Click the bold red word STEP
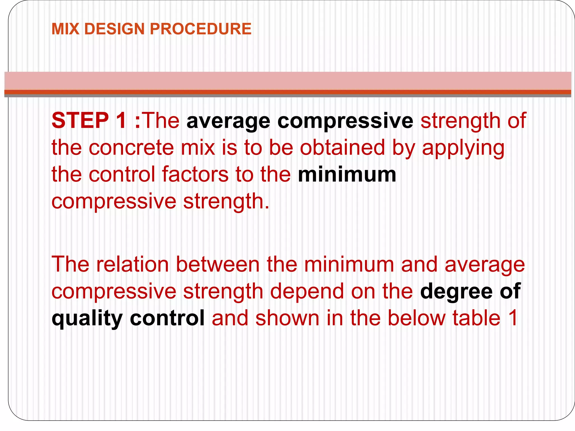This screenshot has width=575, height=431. tap(80, 120)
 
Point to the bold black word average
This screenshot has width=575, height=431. tap(228, 121)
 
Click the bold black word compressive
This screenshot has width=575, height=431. tap(345, 121)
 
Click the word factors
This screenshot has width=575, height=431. tap(195, 174)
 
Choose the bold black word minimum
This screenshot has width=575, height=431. tap(347, 174)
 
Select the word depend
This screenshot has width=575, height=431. tap(307, 291)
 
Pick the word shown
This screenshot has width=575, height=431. tap(287, 318)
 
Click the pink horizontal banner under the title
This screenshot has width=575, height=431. tap(287, 81)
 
